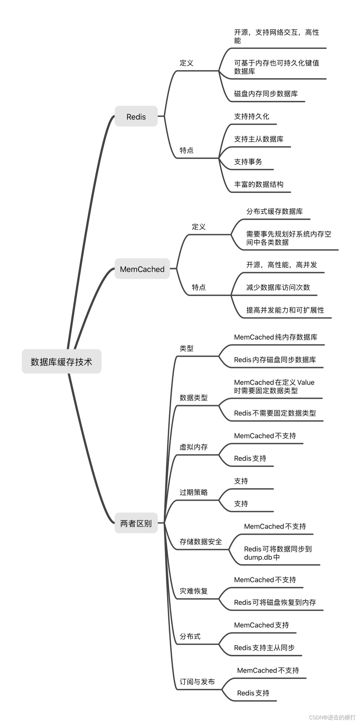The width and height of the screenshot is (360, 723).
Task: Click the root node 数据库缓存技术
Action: point(61,362)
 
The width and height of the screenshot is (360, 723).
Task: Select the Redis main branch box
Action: point(136,117)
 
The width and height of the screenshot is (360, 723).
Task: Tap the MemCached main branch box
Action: point(142,269)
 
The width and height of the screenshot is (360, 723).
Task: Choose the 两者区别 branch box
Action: point(136,523)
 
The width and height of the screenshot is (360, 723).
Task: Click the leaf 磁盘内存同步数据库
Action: point(266,94)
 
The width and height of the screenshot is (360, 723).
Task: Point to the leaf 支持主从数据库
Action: point(259,139)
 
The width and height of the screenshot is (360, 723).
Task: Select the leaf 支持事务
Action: point(248,162)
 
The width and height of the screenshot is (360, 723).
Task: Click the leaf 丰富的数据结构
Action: point(259,184)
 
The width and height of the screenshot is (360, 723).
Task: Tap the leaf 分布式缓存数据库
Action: point(274,211)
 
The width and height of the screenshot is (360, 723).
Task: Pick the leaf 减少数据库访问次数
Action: point(278,287)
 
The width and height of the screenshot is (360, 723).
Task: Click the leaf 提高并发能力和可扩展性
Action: point(285,310)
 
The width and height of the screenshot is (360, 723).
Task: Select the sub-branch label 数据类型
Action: point(193,398)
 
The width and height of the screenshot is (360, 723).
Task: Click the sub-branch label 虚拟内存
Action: point(193,447)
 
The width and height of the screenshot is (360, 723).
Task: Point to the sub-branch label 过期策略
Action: point(193,492)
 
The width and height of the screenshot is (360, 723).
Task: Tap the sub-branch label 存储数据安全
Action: point(201,542)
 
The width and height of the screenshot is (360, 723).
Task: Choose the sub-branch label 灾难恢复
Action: point(193,591)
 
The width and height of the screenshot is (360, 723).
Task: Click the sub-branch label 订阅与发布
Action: point(197,682)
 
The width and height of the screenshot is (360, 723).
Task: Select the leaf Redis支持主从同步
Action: point(264,648)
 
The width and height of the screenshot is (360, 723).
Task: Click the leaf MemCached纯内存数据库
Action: point(276,337)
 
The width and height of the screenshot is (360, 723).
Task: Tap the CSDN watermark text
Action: point(332,717)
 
